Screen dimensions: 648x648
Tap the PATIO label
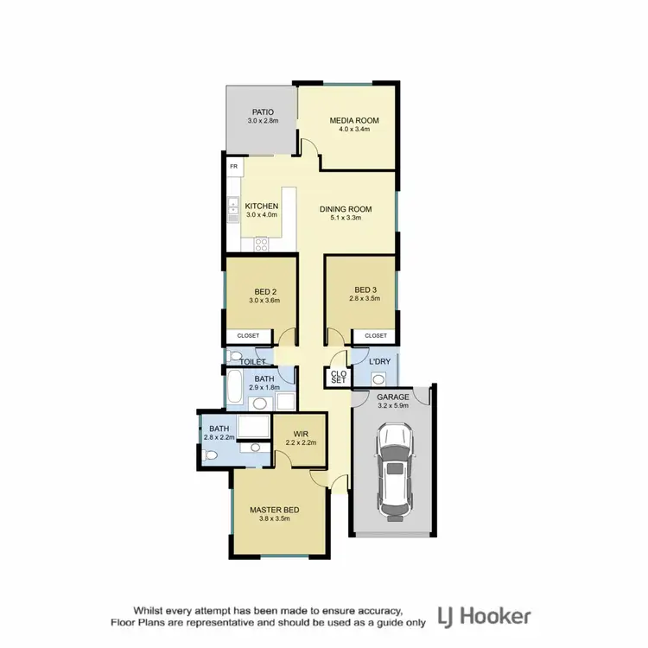(x=264, y=112)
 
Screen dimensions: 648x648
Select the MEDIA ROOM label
(x=354, y=120)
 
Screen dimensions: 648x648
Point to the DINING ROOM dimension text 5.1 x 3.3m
(x=346, y=219)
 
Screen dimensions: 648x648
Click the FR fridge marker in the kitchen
(x=233, y=166)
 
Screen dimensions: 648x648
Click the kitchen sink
(x=233, y=207)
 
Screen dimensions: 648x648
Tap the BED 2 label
(x=266, y=290)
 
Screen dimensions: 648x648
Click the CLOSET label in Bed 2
(x=248, y=336)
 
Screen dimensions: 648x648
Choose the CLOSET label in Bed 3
(x=375, y=336)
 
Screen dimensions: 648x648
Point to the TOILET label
(x=252, y=361)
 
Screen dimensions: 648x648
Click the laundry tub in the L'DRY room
(x=378, y=378)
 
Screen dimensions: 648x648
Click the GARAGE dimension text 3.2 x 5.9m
(x=393, y=407)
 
